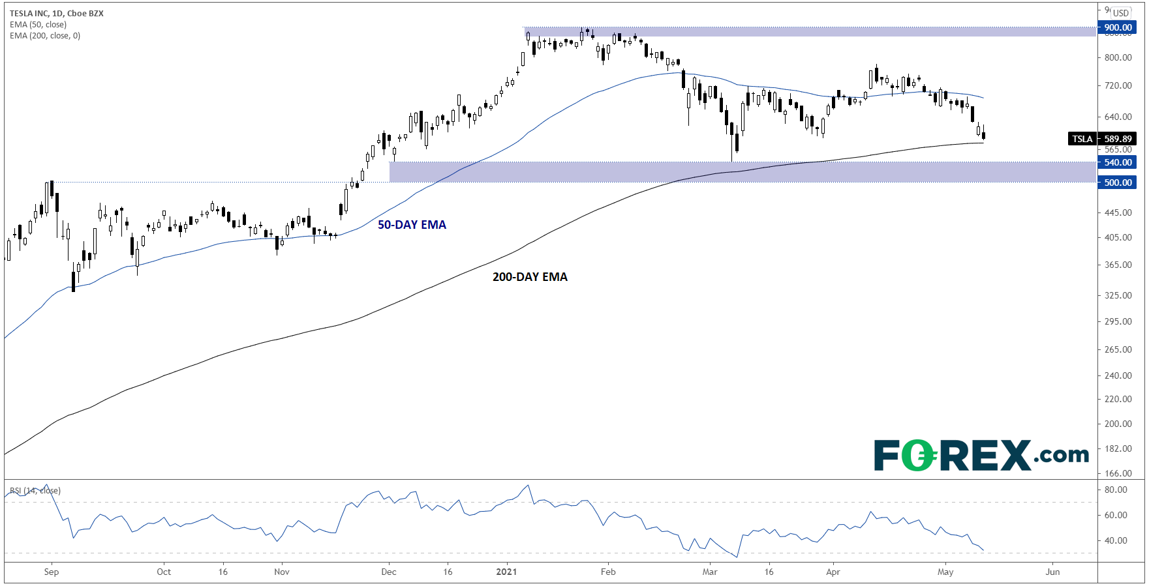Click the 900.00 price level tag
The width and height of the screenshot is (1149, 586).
click(x=1118, y=27)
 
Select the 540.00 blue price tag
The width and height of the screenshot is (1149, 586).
click(x=1118, y=162)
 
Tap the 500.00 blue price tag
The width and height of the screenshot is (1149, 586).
click(x=1118, y=183)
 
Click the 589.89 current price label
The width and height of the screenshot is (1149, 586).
click(x=1118, y=139)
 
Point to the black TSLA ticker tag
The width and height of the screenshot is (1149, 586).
click(x=1082, y=139)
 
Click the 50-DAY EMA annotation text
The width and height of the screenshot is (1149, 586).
click(x=412, y=225)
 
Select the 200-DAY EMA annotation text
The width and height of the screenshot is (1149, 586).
click(x=530, y=277)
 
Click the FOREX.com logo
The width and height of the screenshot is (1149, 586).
click(x=981, y=455)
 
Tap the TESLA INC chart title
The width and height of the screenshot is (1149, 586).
click(x=57, y=13)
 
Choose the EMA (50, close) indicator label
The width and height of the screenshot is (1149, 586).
click(x=38, y=25)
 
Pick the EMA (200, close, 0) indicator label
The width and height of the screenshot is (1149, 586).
click(x=45, y=36)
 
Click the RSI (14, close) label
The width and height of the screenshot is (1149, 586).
click(x=35, y=491)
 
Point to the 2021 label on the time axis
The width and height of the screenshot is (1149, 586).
click(x=506, y=572)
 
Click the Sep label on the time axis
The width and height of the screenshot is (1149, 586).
click(x=52, y=572)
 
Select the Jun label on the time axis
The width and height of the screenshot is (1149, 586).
click(x=1052, y=572)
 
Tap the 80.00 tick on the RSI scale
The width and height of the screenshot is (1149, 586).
click(x=1116, y=490)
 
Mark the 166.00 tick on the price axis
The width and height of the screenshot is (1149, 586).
click(x=1118, y=473)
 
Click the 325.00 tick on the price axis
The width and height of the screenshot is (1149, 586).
click(x=1118, y=295)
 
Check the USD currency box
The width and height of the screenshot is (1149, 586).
click(x=1121, y=13)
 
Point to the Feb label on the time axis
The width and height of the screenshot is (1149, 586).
click(x=608, y=572)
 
